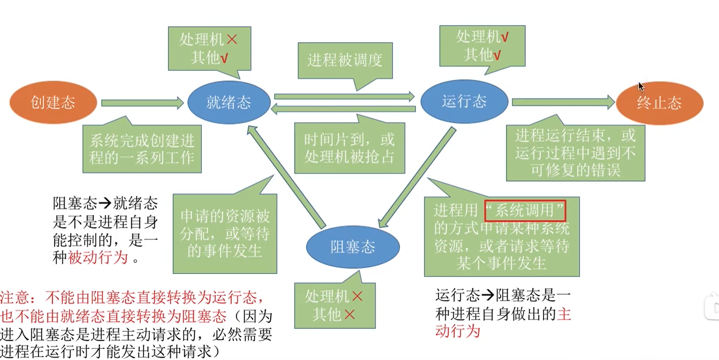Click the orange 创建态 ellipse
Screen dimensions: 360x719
53,102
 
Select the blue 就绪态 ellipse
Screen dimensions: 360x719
229,102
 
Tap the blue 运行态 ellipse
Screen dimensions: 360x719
464,102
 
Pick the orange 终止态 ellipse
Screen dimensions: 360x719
659,103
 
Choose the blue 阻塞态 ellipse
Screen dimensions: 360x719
353,247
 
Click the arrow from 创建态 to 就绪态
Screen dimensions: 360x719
142,103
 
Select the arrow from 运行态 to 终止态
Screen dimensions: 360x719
562,102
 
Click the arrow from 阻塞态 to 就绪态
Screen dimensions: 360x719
286,176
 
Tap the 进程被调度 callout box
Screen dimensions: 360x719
345,60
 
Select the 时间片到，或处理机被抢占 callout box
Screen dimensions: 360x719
349,148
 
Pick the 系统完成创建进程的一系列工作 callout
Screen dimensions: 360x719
142,149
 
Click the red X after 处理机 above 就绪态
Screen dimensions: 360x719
232,39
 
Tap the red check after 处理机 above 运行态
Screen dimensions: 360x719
505,37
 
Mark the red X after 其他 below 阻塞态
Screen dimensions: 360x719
350,314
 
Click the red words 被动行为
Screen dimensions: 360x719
98,257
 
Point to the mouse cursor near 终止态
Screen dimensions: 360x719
641,86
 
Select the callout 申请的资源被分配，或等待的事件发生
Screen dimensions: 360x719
225,233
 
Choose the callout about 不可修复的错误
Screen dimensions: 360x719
575,153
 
